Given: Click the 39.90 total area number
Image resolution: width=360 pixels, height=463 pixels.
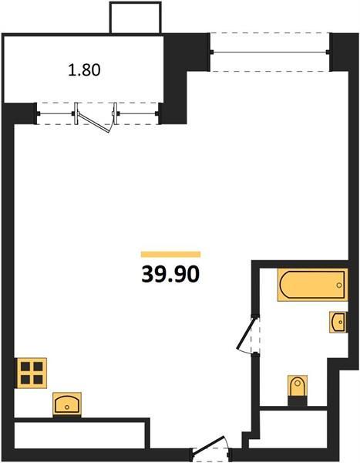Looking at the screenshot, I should [x=170, y=274].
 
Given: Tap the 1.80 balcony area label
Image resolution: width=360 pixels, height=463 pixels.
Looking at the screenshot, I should [x=85, y=69].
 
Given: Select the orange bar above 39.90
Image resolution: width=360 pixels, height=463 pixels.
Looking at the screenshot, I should [x=170, y=254].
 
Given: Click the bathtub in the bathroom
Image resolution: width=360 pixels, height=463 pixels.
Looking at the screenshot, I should [x=311, y=285].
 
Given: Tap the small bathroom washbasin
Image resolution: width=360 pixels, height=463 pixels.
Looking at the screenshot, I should [x=338, y=320].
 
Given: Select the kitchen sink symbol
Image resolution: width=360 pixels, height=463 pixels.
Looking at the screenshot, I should [x=68, y=404].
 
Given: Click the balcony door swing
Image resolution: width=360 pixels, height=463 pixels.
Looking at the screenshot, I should [x=96, y=120].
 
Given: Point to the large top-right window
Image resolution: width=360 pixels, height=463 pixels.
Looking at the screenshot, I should [x=271, y=52].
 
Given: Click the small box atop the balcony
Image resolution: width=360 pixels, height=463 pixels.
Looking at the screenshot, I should [x=136, y=17].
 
